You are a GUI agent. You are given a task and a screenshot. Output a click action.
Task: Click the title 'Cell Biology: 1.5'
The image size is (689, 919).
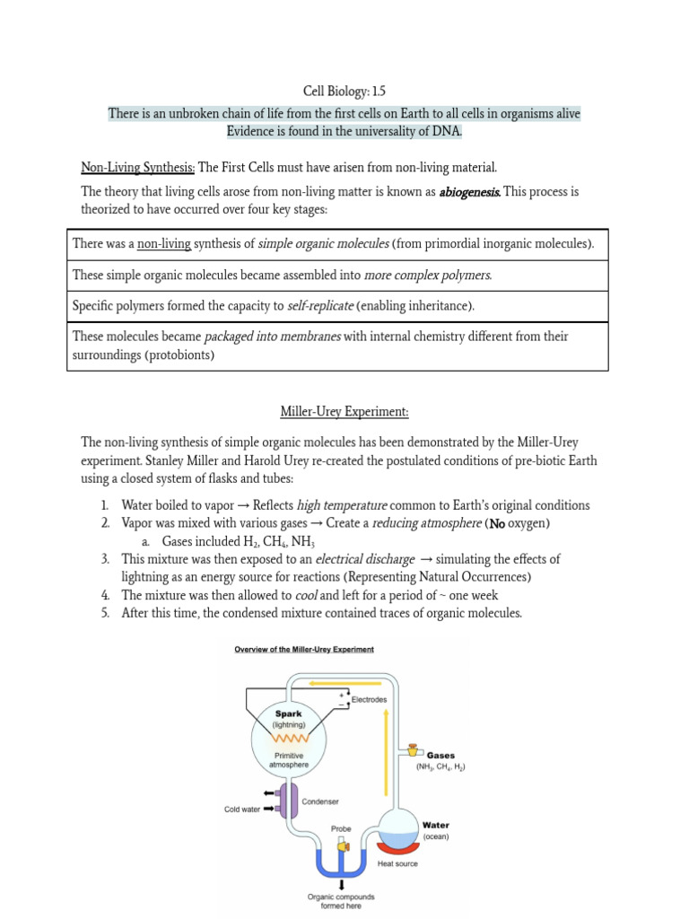click(344, 91)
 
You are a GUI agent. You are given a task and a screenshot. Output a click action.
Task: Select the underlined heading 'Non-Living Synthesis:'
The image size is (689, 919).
click(137, 167)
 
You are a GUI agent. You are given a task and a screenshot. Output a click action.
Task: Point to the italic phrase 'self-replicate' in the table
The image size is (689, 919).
click(320, 306)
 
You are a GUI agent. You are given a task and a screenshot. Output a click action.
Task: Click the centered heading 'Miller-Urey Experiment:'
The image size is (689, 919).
click(344, 412)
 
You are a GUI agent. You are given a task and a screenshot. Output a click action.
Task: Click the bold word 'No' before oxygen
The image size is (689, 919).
click(499, 523)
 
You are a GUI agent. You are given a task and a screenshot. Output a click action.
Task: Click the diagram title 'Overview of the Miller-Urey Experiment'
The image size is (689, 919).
click(304, 650)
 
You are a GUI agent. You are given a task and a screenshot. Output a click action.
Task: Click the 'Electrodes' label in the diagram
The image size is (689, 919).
click(370, 698)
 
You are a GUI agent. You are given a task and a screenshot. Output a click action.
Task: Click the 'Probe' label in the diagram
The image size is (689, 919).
click(341, 828)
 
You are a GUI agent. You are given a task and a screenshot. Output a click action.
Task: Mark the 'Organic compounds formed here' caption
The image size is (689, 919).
click(341, 901)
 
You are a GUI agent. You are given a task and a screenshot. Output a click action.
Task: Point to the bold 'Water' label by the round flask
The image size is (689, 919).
click(436, 825)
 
